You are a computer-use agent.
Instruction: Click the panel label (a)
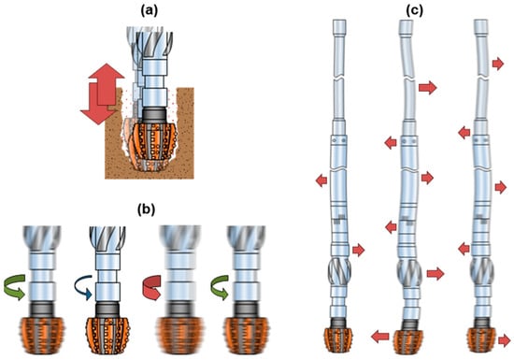click(150, 11)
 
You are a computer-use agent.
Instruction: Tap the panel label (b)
click(146, 209)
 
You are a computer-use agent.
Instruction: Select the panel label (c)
click(414, 11)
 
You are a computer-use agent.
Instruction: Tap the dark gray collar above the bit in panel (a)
click(154, 115)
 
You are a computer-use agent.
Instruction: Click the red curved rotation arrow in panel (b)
click(151, 288)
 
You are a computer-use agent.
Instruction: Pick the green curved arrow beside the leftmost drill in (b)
click(15, 287)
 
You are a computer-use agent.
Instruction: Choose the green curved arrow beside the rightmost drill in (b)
click(220, 287)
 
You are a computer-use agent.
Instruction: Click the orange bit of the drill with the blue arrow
click(107, 336)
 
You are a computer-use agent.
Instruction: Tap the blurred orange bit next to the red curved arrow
click(178, 336)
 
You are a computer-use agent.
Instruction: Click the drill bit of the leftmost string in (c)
click(338, 341)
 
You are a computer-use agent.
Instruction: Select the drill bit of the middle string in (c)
click(408, 342)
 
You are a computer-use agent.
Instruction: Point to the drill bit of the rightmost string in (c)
click(481, 340)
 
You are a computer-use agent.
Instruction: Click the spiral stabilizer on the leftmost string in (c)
click(339, 271)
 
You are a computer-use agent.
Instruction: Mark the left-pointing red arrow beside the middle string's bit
click(380, 337)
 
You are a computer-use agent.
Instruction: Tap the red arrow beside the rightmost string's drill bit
click(505, 341)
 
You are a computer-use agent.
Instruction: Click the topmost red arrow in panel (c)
click(498, 64)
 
